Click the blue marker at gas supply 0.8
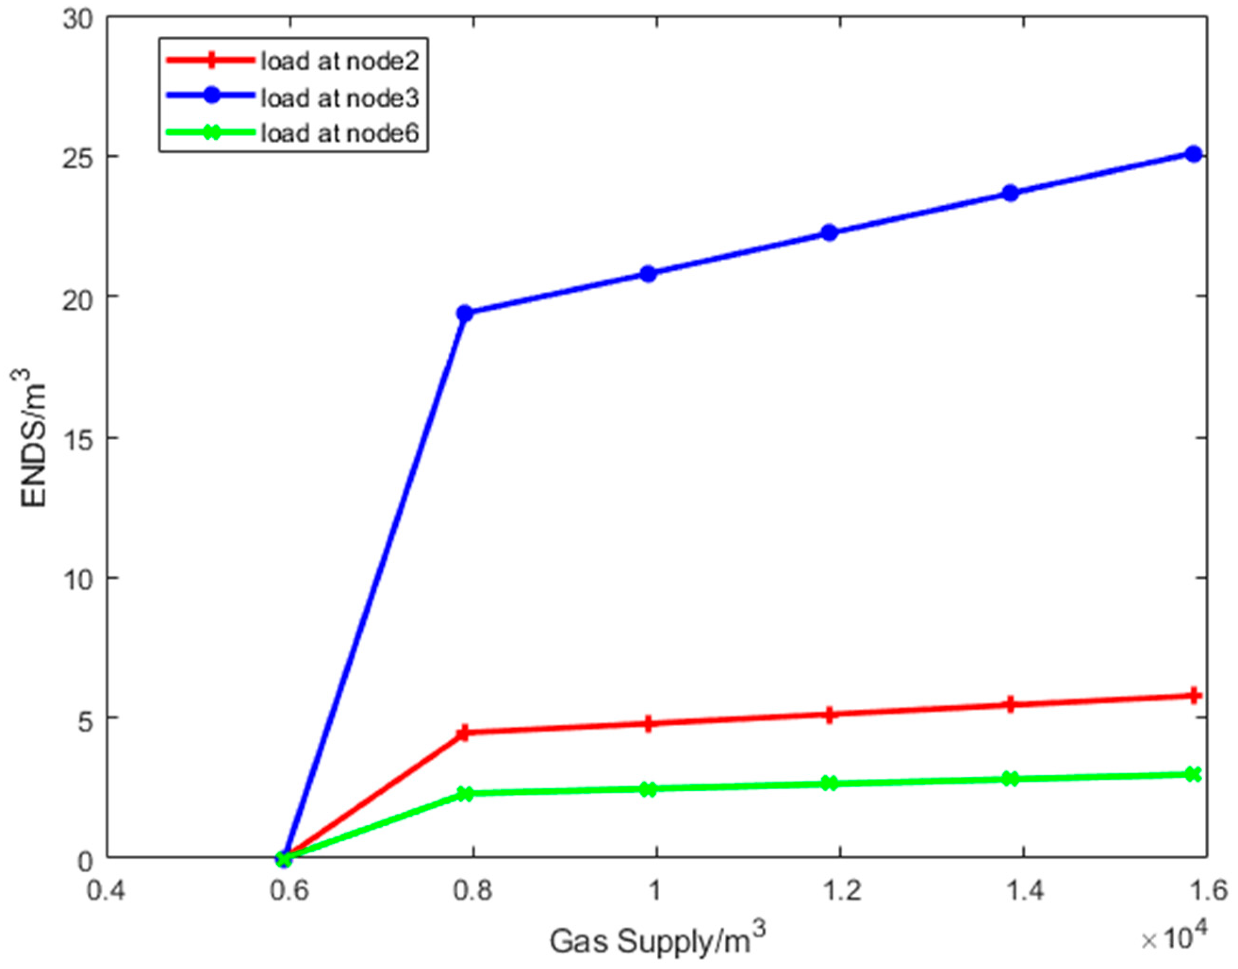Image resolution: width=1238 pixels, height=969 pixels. tap(465, 313)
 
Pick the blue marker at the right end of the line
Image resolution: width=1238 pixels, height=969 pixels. tap(1194, 154)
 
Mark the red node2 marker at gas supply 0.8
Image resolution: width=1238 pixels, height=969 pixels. tap(465, 732)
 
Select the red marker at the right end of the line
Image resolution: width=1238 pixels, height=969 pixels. tap(1194, 695)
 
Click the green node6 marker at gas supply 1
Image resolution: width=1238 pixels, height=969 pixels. tap(649, 789)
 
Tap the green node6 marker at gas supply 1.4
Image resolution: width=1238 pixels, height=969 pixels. tap(1010, 779)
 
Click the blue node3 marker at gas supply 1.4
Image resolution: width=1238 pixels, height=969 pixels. tap(1010, 193)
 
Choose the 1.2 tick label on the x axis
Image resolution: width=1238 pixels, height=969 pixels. tap(840, 891)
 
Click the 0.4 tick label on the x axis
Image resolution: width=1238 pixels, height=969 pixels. tap(107, 891)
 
